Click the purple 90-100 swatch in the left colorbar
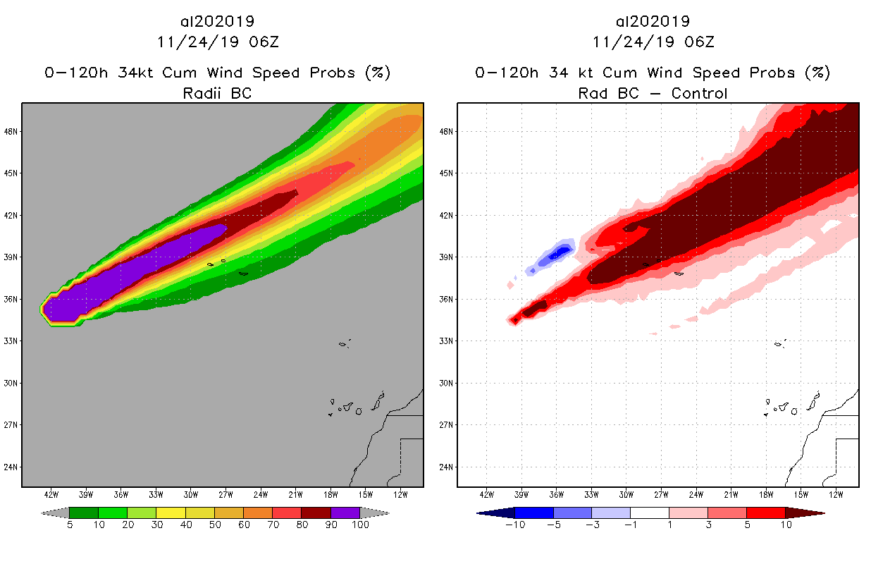tap(345, 513)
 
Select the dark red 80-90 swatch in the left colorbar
tap(316, 513)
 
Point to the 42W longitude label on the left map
tap(51, 494)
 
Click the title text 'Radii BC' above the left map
tap(217, 93)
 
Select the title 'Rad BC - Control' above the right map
tap(653, 93)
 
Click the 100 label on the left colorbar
tap(360, 525)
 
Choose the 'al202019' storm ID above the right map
tap(653, 21)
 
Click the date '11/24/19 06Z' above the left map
tap(217, 42)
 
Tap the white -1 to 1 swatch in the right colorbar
tap(649, 513)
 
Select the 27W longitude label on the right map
tap(661, 494)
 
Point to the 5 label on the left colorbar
tap(70, 525)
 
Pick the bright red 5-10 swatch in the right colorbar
tap(765, 513)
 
